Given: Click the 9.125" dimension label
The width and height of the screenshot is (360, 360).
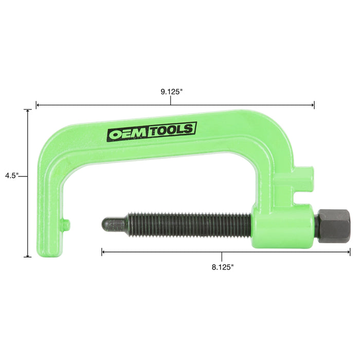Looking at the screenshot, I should pyautogui.click(x=171, y=92).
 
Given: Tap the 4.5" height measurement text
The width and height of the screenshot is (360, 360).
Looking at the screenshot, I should pyautogui.click(x=11, y=175).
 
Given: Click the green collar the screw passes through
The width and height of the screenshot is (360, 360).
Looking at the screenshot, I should pyautogui.click(x=283, y=226).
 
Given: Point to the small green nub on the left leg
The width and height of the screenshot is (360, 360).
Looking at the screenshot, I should pyautogui.click(x=65, y=223).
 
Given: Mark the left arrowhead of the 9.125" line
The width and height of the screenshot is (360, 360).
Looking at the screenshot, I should pyautogui.click(x=38, y=105).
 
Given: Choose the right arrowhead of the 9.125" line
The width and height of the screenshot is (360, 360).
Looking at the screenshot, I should pyautogui.click(x=313, y=105).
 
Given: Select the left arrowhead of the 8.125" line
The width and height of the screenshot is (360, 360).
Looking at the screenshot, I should pyautogui.click(x=103, y=252).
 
